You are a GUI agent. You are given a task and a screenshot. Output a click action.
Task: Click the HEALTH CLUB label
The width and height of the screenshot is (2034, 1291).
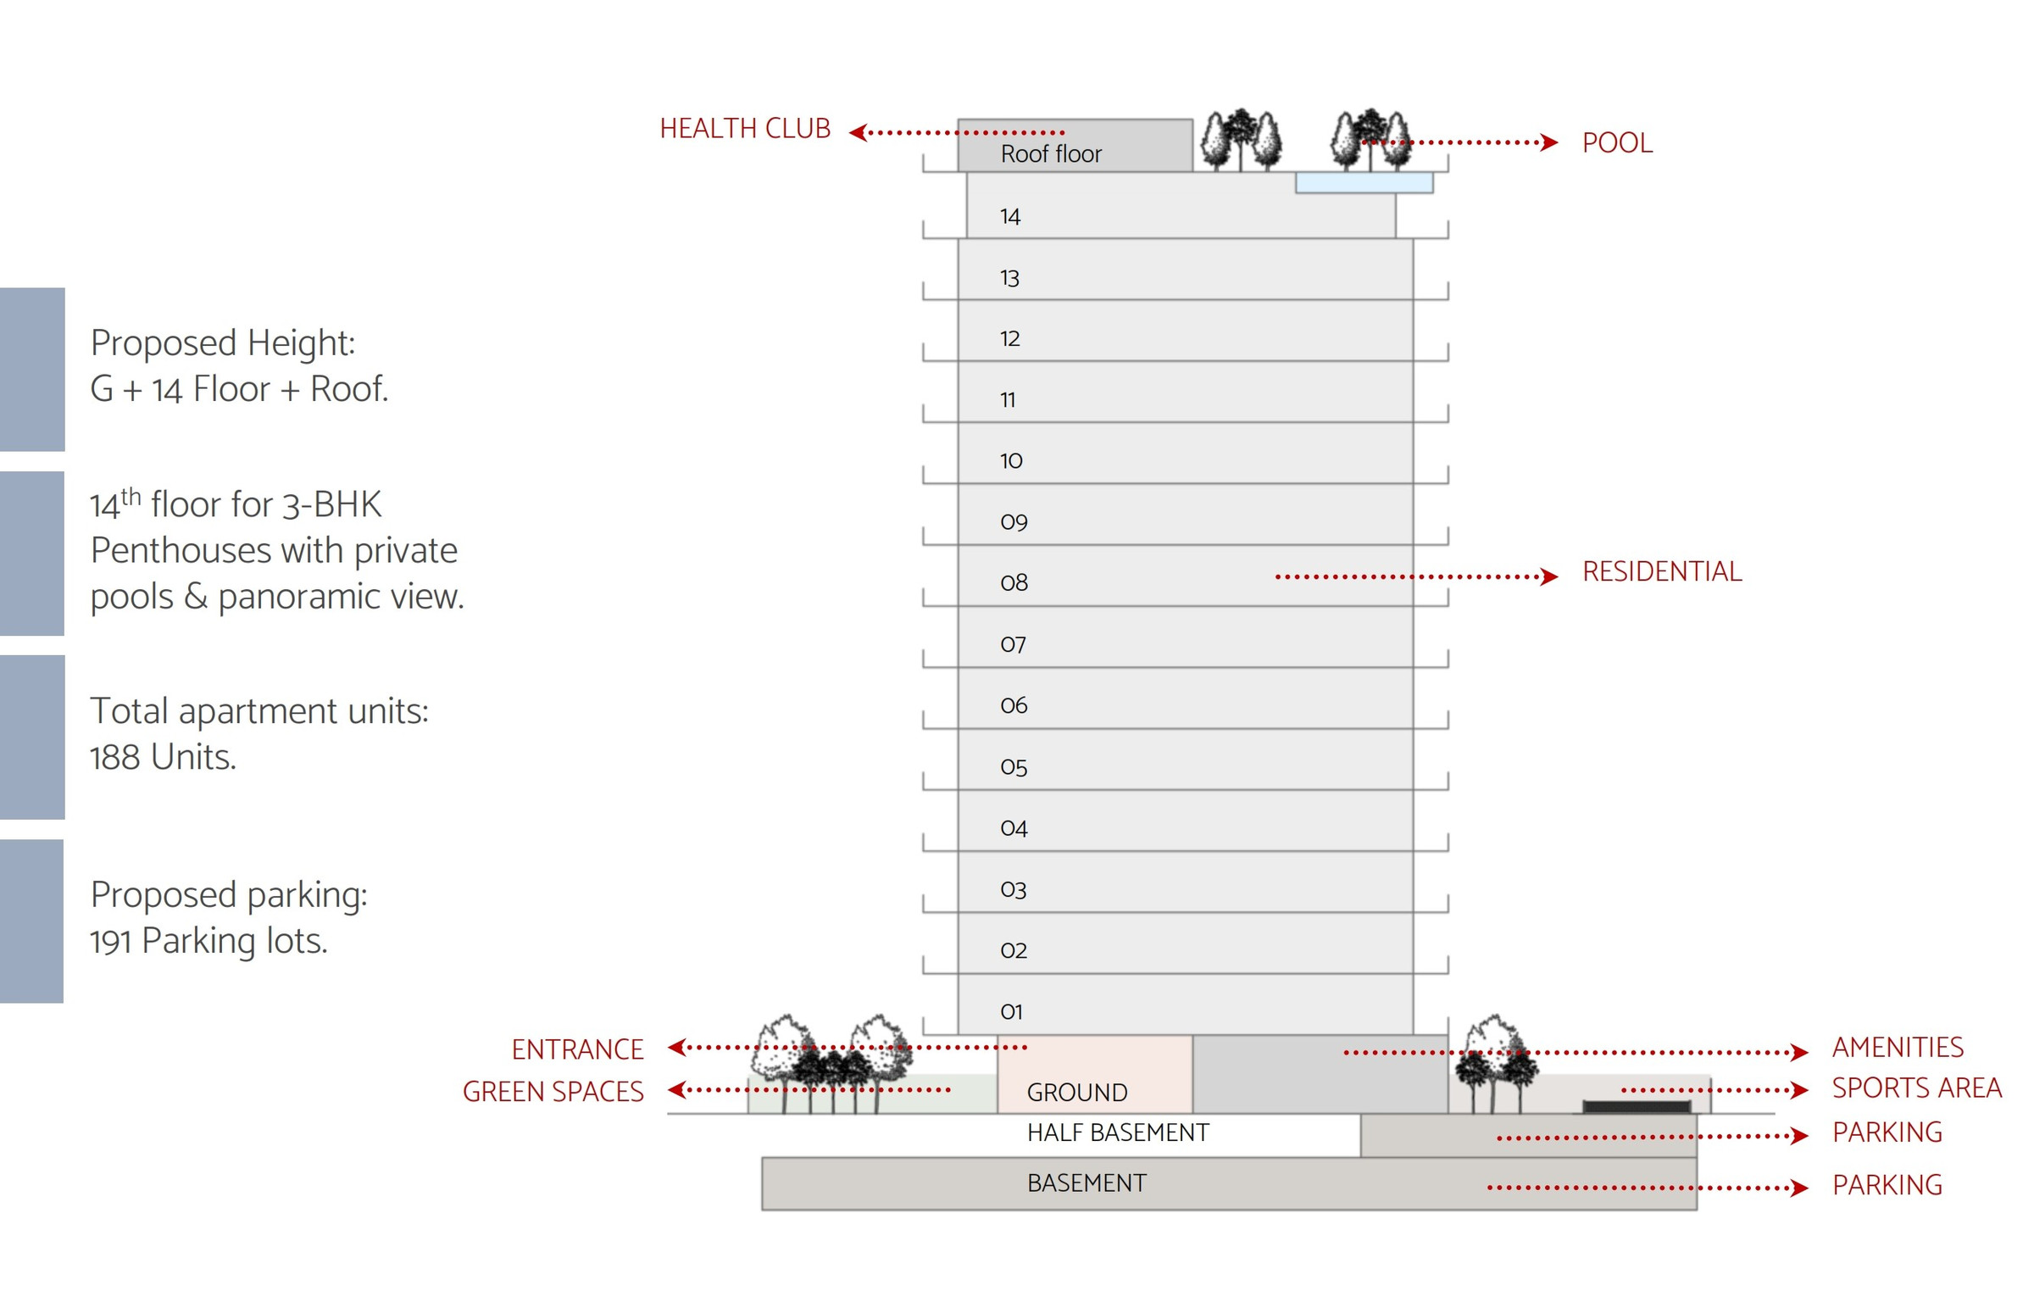tap(745, 129)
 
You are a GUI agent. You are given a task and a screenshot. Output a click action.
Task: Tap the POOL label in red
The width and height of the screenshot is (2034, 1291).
tap(1617, 142)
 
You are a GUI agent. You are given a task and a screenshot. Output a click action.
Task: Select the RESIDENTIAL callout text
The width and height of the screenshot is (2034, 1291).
tap(1662, 571)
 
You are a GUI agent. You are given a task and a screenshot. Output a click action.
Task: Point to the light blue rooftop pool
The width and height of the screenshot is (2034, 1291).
tap(1364, 182)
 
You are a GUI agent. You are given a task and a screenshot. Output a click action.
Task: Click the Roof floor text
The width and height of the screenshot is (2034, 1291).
tap(1051, 153)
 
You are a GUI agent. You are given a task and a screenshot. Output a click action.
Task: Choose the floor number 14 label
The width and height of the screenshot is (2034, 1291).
tap(1010, 216)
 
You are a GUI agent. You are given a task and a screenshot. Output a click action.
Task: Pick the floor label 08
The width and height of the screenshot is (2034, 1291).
tap(1014, 582)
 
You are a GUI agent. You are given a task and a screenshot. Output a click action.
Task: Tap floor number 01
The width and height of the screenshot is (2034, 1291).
tap(1012, 1011)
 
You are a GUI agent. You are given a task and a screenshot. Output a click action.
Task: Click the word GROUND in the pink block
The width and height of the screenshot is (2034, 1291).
tap(1077, 1092)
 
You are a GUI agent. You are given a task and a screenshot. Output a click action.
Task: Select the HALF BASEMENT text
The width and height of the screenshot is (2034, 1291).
tap(1118, 1132)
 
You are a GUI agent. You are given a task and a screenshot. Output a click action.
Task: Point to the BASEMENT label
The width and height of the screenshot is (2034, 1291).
tap(1086, 1182)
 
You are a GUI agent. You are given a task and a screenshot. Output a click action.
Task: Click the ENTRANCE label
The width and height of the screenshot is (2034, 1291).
tap(577, 1049)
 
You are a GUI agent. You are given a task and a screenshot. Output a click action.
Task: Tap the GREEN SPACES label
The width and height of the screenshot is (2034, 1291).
tap(553, 1091)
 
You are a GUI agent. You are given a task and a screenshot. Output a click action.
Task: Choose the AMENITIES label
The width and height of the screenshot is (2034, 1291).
tap(1898, 1047)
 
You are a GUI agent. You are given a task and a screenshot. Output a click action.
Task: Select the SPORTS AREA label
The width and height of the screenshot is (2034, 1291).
tap(1917, 1088)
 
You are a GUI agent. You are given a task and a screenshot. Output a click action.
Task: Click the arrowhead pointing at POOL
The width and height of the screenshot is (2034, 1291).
tap(1549, 142)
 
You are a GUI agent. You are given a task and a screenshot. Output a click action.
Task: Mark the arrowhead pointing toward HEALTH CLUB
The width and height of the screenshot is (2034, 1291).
tap(858, 132)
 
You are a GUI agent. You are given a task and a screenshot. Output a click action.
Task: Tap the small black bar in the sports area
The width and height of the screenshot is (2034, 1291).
tap(1637, 1106)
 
